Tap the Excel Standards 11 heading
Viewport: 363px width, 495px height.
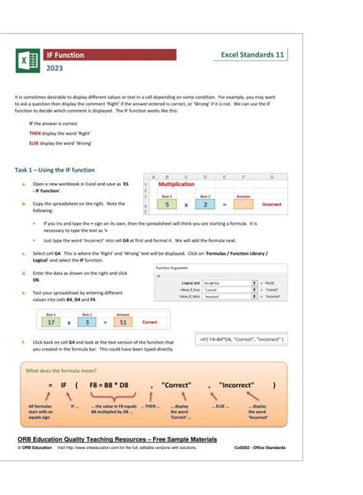(x=252, y=55)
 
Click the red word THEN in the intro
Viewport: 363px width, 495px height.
(x=35, y=132)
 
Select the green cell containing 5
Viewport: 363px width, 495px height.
(x=167, y=205)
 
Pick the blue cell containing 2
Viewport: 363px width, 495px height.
(x=204, y=205)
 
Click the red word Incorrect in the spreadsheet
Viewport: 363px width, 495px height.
(x=272, y=205)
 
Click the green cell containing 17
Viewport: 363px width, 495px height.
(x=51, y=322)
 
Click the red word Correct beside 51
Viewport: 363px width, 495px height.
(x=150, y=322)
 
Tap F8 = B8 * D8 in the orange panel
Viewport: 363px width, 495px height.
(x=113, y=386)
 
